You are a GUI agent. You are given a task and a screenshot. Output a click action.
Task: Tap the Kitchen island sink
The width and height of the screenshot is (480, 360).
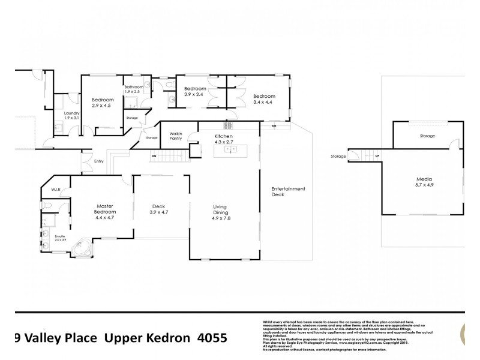point(229,150)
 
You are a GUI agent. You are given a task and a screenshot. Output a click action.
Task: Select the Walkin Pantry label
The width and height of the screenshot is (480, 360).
point(176,136)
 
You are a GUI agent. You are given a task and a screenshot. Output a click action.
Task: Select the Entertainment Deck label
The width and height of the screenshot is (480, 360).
point(289,191)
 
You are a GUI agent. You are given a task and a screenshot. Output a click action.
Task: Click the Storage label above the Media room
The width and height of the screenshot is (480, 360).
point(427,136)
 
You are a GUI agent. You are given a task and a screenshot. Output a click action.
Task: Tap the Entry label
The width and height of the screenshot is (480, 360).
point(98,160)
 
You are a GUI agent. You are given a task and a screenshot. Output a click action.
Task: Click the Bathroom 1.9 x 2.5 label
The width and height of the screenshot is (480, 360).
point(134,90)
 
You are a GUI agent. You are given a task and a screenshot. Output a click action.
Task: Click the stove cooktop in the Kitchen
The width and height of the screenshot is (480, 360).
point(228,126)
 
